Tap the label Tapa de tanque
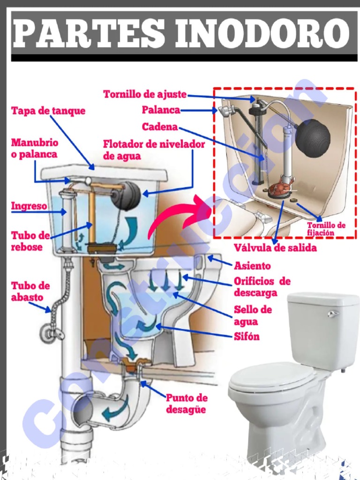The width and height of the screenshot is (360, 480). pos(48,111)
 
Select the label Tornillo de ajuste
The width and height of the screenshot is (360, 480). pos(145,94)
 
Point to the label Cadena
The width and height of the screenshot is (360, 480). pos(160,127)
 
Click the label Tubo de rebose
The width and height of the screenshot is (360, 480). pos(30,241)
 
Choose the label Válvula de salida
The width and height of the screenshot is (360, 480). pos(275,248)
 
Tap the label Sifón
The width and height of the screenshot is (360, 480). pos(247,336)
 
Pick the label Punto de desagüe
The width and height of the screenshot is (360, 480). pos(187,404)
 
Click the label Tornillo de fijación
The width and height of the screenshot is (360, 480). pos(326,229)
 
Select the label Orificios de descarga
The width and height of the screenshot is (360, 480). pos(262,287)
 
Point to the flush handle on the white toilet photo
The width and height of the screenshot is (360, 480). pos(333,314)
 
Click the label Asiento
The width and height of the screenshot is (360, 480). pos(252,266)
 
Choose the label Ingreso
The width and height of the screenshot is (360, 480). pos(29,206)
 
